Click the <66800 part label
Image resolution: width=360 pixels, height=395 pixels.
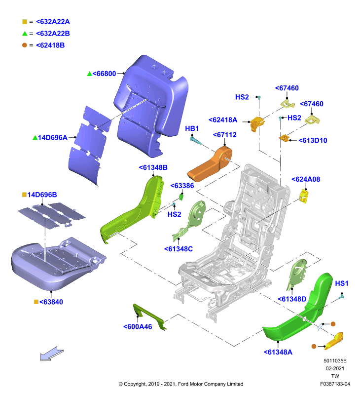click(x=104, y=74)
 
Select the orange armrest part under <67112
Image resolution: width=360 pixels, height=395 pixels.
click(x=210, y=165)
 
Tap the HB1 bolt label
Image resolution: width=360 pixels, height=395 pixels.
click(x=192, y=128)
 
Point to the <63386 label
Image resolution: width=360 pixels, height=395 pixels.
click(x=182, y=186)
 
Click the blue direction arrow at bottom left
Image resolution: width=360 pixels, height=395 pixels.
click(x=52, y=354)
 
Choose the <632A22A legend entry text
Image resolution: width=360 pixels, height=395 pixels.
click(x=53, y=22)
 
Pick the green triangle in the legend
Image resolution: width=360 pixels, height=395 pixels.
click(x=25, y=34)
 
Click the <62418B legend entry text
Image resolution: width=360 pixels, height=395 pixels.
click(x=50, y=45)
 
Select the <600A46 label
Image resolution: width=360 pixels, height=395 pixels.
click(x=138, y=327)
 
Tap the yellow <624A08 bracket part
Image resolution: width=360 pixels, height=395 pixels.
click(x=304, y=196)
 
